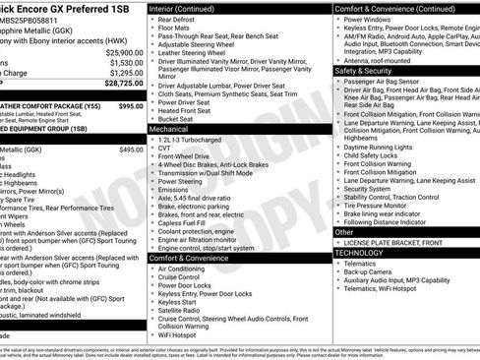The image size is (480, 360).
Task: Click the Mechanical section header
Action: coord(169,129)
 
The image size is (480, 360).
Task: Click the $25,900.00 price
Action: coord(125,52)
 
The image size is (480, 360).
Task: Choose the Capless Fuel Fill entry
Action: coord(189,222)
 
